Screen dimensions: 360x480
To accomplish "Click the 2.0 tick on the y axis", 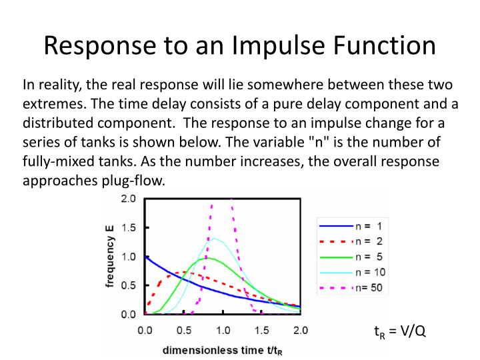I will pos(128,199).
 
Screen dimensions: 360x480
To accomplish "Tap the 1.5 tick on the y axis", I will pos(128,227).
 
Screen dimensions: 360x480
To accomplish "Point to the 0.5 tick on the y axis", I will pos(128,285).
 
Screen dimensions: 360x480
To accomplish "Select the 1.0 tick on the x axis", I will pos(223,329).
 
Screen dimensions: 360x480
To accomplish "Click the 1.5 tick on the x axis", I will pos(261,329).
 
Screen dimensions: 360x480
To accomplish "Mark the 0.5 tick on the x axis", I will pos(183,329).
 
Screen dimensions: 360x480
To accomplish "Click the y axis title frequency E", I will pos(109,257).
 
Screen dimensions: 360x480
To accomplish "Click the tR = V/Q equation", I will pos(399,331).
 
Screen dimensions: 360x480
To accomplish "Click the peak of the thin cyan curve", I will pos(215,238).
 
